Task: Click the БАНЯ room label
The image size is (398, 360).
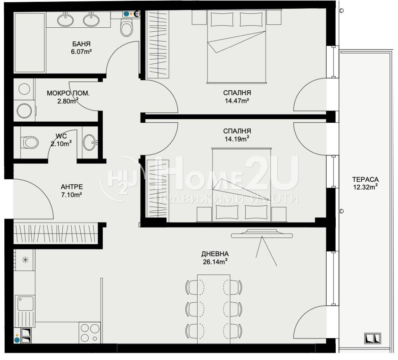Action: (81, 44)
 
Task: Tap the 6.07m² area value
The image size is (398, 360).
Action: (81, 51)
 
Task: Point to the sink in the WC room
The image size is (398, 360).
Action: (89, 142)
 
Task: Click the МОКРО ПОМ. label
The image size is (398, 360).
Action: (68, 93)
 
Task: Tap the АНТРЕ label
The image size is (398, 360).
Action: (72, 187)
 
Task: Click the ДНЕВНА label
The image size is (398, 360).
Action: (215, 254)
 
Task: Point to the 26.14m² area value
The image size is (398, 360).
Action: (215, 262)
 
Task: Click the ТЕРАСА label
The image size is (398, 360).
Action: (365, 180)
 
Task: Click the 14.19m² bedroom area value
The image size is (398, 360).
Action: (237, 139)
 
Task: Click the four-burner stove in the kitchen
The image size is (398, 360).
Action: (90, 333)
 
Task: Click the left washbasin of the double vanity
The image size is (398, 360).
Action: (66, 20)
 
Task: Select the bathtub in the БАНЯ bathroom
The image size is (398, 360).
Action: (30, 42)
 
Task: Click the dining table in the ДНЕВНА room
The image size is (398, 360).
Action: (214, 309)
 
